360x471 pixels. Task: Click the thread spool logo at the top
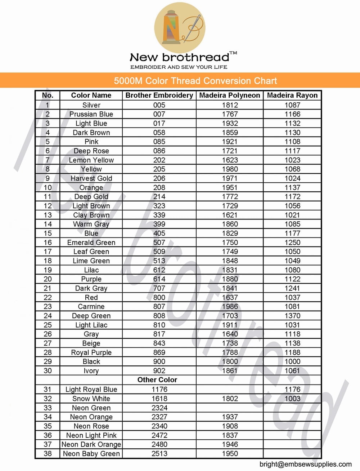click(x=179, y=28)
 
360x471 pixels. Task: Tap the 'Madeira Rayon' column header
click(x=292, y=95)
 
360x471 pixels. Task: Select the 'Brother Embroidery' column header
click(x=159, y=95)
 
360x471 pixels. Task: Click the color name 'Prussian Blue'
click(x=91, y=114)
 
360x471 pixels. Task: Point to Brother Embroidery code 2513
click(x=159, y=454)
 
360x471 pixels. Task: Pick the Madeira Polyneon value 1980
click(x=230, y=169)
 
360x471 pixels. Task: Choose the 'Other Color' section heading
click(x=157, y=380)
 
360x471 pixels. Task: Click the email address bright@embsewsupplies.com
click(x=305, y=464)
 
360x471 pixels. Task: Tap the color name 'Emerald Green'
click(x=91, y=243)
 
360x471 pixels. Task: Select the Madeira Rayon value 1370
click(x=292, y=316)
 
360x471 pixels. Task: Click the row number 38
click(x=48, y=454)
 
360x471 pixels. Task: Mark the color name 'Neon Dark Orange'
click(x=91, y=444)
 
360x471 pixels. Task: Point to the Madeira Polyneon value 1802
click(x=230, y=399)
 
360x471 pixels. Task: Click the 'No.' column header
click(x=48, y=95)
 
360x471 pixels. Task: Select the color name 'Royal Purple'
click(x=91, y=352)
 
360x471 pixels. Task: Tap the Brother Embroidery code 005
click(x=159, y=105)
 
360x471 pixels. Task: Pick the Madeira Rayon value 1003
click(x=292, y=399)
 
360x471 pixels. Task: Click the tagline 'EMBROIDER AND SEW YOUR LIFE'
click(x=179, y=67)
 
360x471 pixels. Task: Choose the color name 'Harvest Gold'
click(x=91, y=178)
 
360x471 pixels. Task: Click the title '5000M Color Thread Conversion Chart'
click(x=195, y=81)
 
